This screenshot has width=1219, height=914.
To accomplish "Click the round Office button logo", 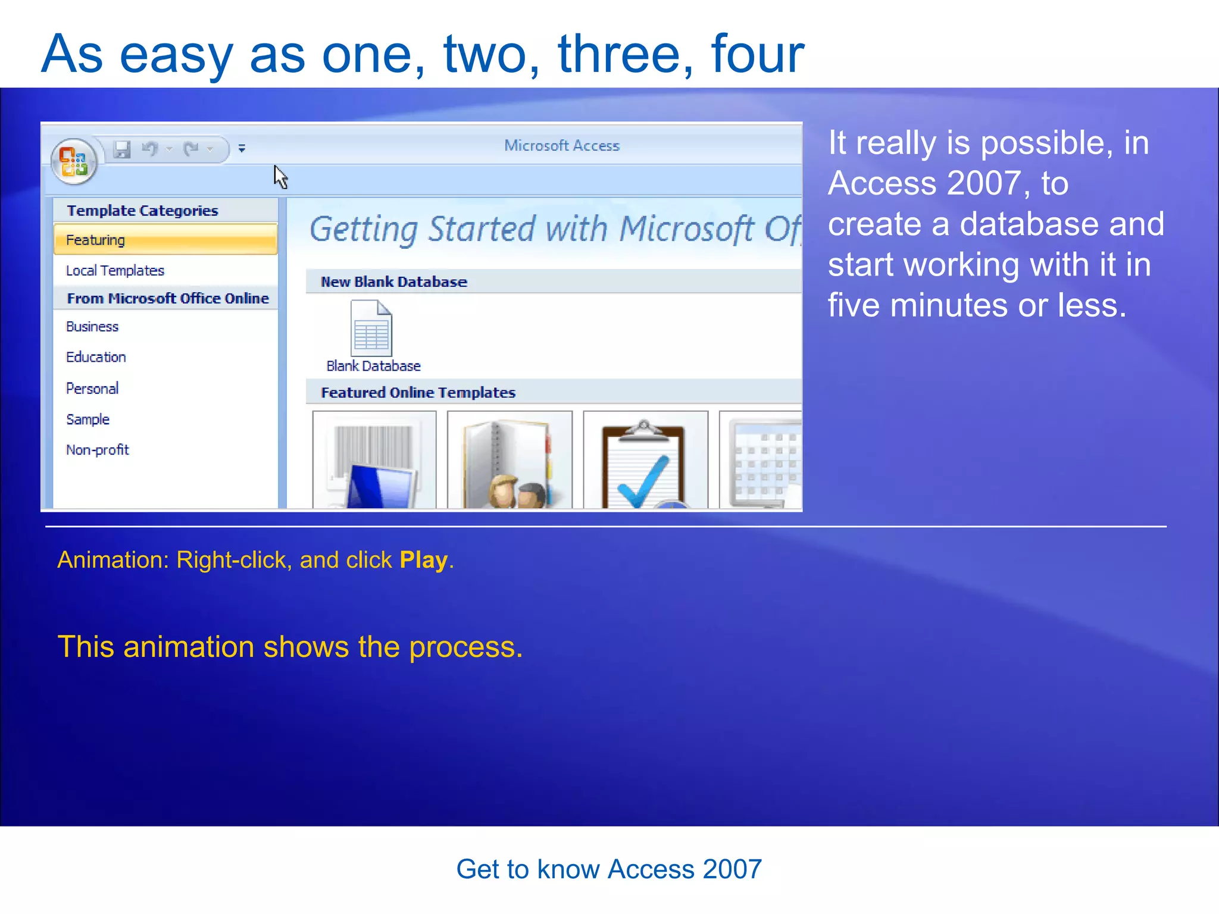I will point(74,161).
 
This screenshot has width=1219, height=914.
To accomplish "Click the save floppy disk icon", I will point(122,149).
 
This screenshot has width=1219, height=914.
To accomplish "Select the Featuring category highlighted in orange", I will point(165,240).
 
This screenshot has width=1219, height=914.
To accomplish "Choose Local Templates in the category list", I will point(115,271).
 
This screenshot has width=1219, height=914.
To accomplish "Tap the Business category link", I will point(92,327).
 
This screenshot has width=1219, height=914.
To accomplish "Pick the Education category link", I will point(96,357).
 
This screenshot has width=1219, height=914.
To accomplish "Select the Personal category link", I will point(92,389).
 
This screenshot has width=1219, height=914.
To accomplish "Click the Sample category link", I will point(88,420).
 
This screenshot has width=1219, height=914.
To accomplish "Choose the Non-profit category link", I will point(98,450).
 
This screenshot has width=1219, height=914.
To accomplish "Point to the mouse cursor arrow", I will point(280,176).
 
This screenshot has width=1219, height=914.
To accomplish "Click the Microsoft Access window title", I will point(562,146).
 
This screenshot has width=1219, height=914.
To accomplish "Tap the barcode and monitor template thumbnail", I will point(374,460).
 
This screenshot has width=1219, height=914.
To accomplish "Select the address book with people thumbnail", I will point(510,460).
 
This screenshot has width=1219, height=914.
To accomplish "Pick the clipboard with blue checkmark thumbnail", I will point(646,460).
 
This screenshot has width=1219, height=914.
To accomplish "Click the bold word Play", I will point(423,560).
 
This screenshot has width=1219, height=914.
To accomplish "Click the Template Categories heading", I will point(142,211).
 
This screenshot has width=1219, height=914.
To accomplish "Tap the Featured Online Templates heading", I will point(418,393).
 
